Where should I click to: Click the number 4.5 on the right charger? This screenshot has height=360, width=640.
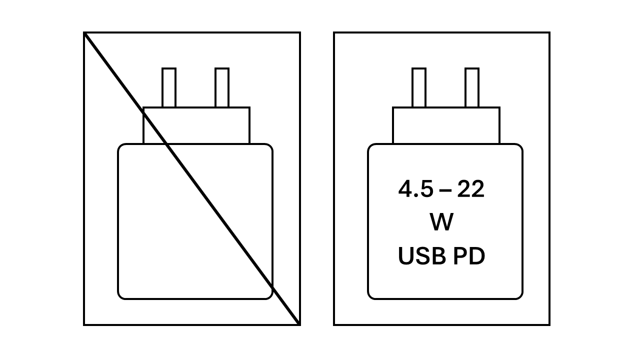[x=415, y=189]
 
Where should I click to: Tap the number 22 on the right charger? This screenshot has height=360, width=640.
[x=470, y=189]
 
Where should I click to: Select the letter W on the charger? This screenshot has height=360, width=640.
[x=441, y=222]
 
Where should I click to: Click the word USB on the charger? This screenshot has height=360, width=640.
[x=421, y=256]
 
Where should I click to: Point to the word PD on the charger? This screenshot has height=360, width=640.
[x=469, y=256]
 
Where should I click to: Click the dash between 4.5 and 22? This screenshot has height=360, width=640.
[x=445, y=190]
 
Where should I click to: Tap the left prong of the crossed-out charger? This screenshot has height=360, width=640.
[x=169, y=87]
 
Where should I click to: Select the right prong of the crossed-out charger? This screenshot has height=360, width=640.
[x=222, y=87]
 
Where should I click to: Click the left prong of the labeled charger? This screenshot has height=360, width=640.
[x=419, y=87]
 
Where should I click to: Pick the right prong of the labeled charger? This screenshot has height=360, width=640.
[x=472, y=87]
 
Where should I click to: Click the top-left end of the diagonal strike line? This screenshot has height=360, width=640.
[x=84, y=33]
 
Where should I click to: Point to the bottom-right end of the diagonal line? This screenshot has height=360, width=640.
[x=299, y=324]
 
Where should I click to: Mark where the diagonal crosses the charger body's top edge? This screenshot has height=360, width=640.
[x=166, y=144]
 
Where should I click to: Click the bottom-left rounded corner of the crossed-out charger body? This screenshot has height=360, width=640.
[x=120, y=296]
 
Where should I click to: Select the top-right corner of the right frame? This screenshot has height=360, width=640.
[x=549, y=32]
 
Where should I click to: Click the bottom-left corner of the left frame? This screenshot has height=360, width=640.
[x=84, y=325]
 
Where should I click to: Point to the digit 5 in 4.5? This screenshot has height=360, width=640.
[x=426, y=189]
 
